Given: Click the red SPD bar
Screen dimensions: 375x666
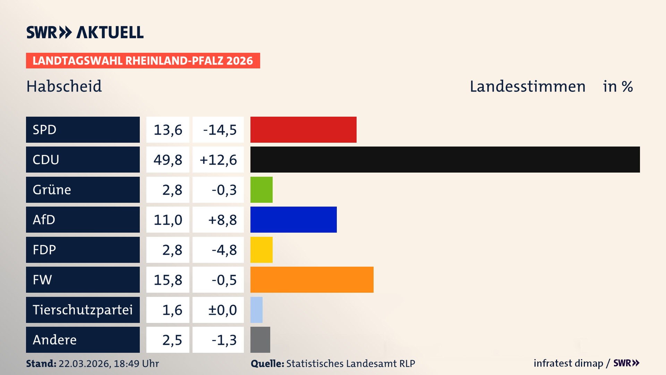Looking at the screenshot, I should [303, 130].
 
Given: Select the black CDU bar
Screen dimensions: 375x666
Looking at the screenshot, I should [445, 159].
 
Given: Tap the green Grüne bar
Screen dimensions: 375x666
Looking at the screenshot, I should [261, 190].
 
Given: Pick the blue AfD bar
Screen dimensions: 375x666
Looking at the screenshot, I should [293, 219].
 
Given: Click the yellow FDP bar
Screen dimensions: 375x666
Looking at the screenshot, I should [261, 250].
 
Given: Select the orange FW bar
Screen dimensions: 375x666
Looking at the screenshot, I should [311, 280].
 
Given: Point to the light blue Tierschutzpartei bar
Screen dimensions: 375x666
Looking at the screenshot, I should [256, 310].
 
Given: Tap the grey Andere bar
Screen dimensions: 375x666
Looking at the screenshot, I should [260, 340].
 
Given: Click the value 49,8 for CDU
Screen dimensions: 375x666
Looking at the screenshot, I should [168, 160].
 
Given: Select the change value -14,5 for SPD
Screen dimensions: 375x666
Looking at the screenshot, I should [220, 130].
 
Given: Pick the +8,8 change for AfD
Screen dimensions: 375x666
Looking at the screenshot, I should [222, 220].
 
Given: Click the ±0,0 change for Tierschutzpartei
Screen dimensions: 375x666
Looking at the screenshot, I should [222, 310].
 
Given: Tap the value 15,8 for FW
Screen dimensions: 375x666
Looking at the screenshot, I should [168, 280].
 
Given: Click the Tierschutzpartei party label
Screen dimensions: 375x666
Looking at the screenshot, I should [83, 310].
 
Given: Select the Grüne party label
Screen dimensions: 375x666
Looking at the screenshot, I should [52, 190].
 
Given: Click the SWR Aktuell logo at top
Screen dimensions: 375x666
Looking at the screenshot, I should [85, 32].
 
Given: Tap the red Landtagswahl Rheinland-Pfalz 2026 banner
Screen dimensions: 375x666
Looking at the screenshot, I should [143, 61].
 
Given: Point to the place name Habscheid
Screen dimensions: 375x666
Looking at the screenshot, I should [64, 86].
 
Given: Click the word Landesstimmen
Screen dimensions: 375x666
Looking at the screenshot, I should [527, 86].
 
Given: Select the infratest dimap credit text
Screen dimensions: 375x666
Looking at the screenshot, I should [568, 363].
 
